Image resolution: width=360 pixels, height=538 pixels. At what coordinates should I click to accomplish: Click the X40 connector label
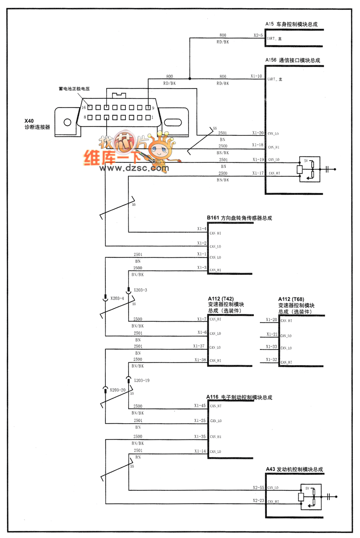29,121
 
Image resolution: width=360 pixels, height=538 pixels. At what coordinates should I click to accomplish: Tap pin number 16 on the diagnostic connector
83,108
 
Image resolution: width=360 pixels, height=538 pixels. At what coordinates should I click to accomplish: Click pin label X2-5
258,35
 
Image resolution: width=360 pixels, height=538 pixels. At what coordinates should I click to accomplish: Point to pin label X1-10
256,76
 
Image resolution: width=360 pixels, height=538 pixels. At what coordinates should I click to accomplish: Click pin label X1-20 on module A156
257,133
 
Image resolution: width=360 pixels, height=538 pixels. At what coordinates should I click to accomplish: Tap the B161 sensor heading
239,218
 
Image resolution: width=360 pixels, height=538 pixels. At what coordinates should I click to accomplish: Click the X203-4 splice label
117,298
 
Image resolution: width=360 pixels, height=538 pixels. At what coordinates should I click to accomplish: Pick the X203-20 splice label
117,390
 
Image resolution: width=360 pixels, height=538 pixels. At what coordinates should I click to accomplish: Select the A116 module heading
239,398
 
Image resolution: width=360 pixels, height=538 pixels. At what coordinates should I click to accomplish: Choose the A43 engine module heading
294,469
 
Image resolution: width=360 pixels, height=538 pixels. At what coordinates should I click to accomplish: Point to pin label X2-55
258,487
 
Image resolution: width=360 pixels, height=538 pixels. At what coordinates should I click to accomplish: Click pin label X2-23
258,500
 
